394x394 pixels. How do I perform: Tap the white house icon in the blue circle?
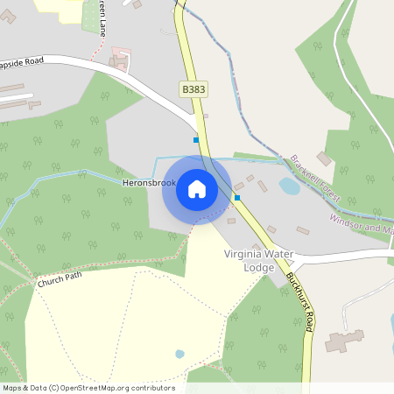[x=197, y=189]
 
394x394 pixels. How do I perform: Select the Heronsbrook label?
[x=149, y=184]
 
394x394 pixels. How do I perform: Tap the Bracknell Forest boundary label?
[x=316, y=175]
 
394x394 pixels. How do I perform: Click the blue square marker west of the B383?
[x=196, y=139]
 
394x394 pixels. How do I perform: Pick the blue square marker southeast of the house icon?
[x=237, y=198]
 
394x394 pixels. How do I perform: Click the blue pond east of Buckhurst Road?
[x=289, y=186]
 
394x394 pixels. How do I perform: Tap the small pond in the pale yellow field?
[x=179, y=354]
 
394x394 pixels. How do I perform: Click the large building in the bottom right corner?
[x=344, y=340]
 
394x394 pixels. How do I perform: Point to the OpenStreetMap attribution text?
[x=88, y=387]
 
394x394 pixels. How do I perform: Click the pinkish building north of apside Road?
[x=118, y=59]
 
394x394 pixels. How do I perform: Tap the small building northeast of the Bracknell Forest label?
[x=324, y=158]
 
